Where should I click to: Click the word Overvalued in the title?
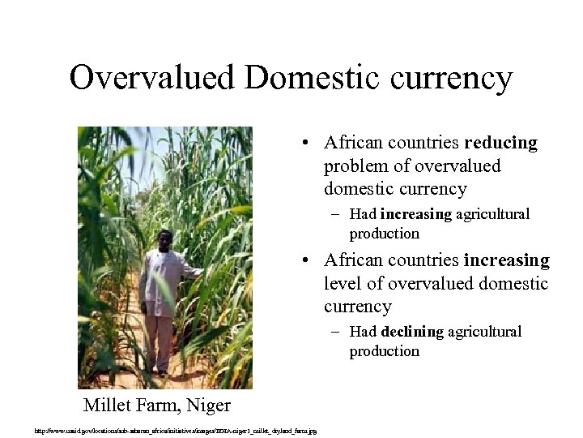tap(151, 79)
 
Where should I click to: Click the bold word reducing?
tap(500, 143)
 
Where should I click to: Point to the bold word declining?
tap(412, 332)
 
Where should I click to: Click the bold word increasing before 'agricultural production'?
tap(415, 214)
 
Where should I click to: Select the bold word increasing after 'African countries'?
tap(506, 260)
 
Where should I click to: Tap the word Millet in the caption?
tap(107, 406)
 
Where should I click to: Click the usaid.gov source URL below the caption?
tap(175, 430)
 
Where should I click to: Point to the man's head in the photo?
tap(165, 240)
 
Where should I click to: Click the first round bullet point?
tap(300, 144)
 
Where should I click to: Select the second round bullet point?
tap(300, 261)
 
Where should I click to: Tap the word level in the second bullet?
tap(343, 284)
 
